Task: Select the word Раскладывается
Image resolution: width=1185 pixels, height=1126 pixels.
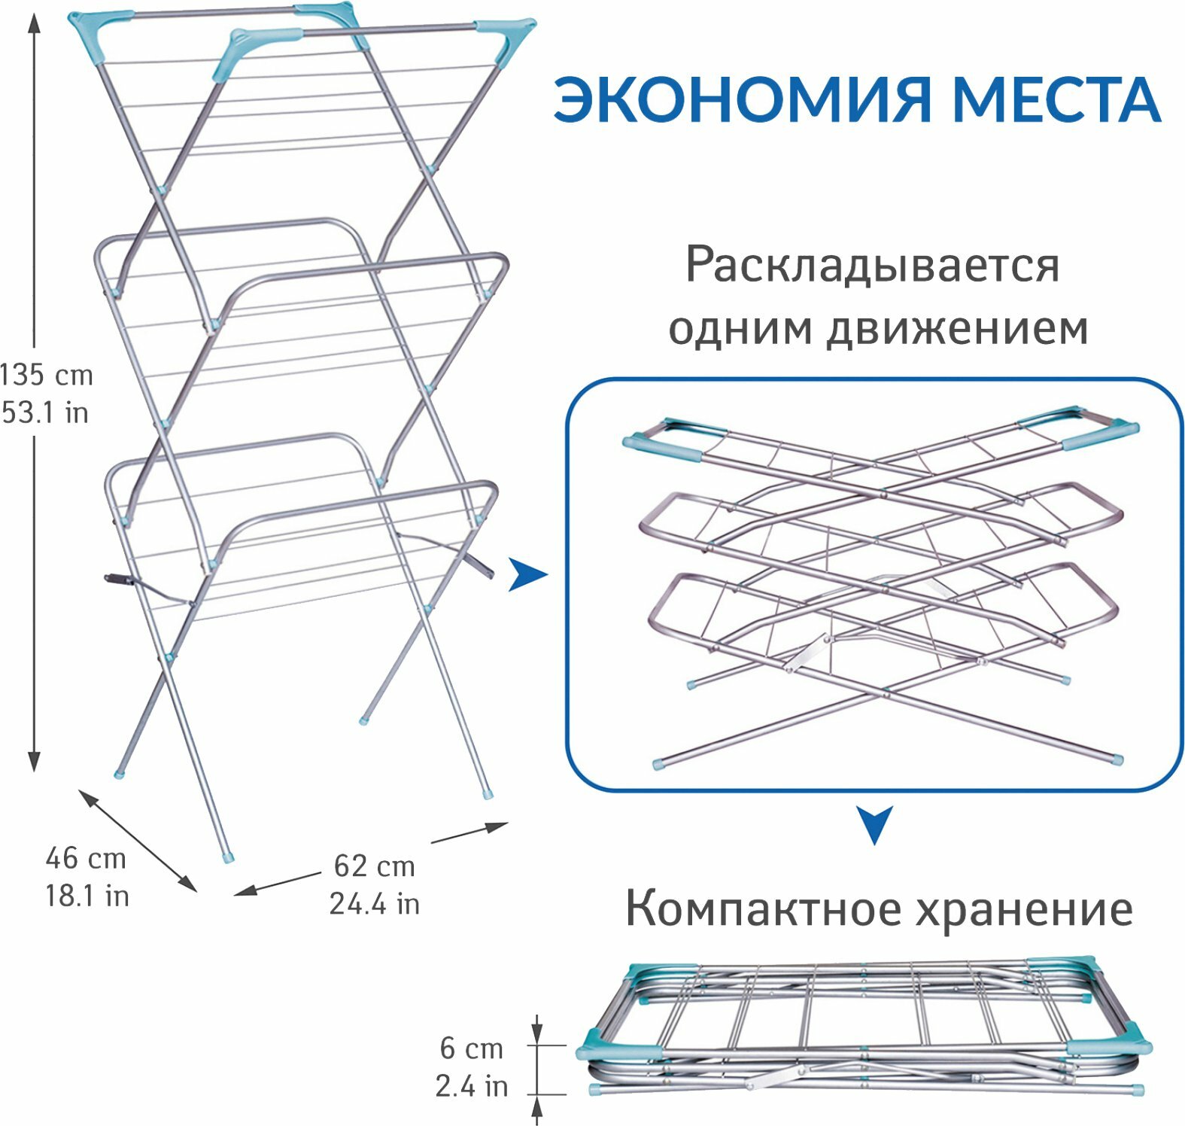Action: pyautogui.click(x=872, y=265)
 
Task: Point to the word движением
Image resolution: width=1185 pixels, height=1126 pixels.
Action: pyautogui.click(x=958, y=328)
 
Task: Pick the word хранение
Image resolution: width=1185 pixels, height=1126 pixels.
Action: pyautogui.click(x=1024, y=909)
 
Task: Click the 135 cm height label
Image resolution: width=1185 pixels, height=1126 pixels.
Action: pyautogui.click(x=47, y=374)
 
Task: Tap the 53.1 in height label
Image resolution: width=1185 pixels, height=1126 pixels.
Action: pyautogui.click(x=45, y=412)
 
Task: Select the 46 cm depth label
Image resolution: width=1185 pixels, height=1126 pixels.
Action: pyautogui.click(x=85, y=858)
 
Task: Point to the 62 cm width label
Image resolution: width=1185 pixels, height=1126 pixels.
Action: pyautogui.click(x=374, y=866)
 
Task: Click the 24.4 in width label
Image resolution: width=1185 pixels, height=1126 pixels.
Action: pyautogui.click(x=374, y=904)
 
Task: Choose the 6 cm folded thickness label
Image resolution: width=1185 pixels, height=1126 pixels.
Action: pyautogui.click(x=471, y=1048)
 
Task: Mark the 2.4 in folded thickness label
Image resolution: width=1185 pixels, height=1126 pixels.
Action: pyautogui.click(x=471, y=1086)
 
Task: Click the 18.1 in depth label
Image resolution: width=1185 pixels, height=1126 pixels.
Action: pyautogui.click(x=87, y=896)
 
